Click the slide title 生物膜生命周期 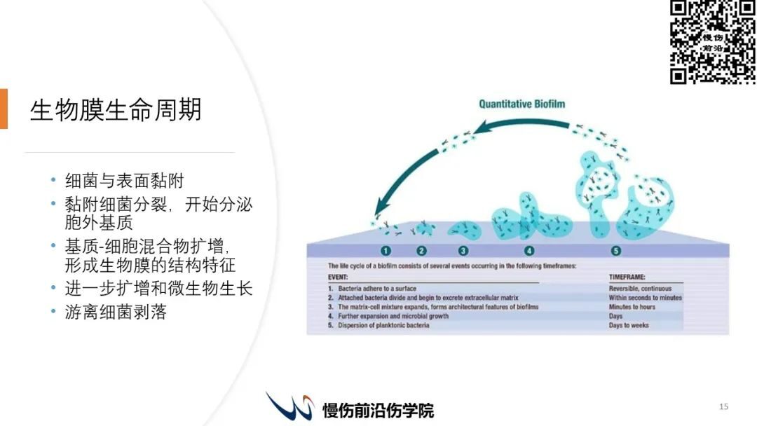[x=116, y=110]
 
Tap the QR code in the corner [x=713, y=42]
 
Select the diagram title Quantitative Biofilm [x=522, y=104]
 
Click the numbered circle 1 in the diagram [x=386, y=251]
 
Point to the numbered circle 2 [x=421, y=251]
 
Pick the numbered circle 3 [x=463, y=251]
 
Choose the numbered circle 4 [x=529, y=251]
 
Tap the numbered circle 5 [x=615, y=251]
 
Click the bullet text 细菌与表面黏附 [x=125, y=181]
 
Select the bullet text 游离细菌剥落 [x=116, y=312]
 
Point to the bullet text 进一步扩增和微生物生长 [x=159, y=289]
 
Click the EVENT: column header [x=338, y=277]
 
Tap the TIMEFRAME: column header [x=627, y=277]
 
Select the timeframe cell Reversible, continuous [x=640, y=289]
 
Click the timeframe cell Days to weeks [x=629, y=326]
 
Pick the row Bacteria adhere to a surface [x=372, y=289]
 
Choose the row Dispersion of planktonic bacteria [x=378, y=326]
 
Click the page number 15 [x=723, y=406]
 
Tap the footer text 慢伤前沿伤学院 [x=378, y=411]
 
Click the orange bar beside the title [x=4, y=109]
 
